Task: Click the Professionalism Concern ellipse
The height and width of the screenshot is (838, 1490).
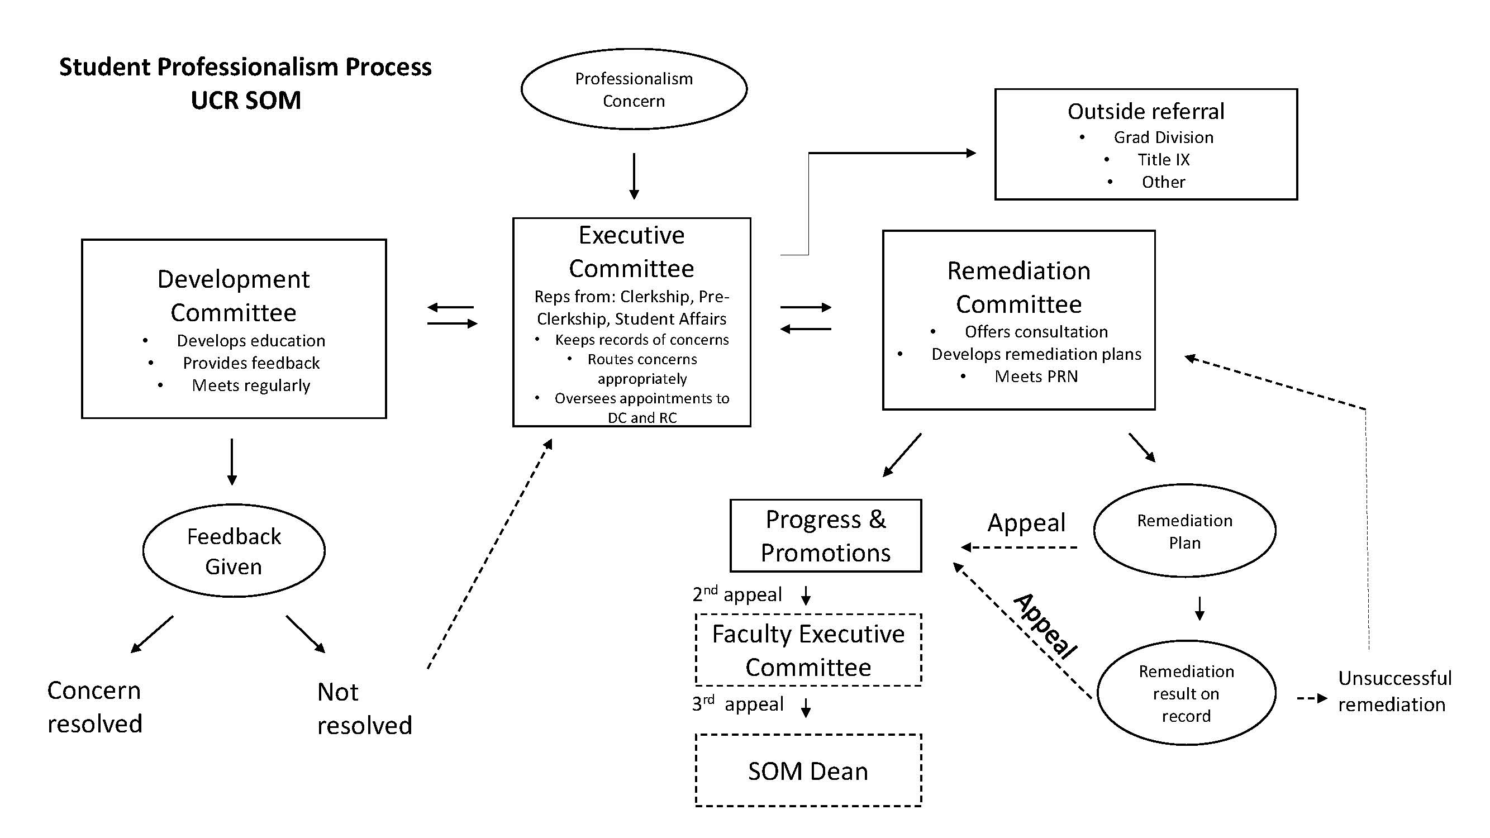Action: point(634,89)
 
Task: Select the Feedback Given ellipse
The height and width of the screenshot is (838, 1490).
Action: point(234,551)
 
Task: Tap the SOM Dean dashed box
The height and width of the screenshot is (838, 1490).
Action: point(808,770)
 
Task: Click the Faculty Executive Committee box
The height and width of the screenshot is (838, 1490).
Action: point(808,650)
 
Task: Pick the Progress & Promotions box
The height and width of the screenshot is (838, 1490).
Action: point(825,536)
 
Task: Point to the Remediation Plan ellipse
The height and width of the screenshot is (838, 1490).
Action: point(1184,531)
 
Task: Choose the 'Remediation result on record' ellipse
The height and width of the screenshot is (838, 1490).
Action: point(1186,693)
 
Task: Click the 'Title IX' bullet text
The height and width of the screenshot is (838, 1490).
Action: point(1163,160)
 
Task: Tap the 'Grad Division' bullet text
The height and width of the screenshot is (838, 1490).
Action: point(1163,137)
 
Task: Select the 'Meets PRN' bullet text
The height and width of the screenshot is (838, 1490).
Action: point(1036,377)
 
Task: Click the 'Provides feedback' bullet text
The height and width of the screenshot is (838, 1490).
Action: point(251,363)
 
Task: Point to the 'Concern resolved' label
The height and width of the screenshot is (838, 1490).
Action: point(95,707)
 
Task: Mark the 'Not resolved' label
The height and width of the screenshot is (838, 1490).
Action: point(364,708)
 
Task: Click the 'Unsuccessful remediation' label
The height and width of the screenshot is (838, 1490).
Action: point(1394,691)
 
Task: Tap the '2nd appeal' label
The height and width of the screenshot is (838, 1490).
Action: point(737,594)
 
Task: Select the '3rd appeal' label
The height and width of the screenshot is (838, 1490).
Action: point(737,704)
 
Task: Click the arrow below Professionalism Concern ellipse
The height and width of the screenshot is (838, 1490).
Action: point(634,176)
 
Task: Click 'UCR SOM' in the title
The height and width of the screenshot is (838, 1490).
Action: point(246,100)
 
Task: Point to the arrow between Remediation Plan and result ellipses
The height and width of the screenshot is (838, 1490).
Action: point(1199,608)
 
